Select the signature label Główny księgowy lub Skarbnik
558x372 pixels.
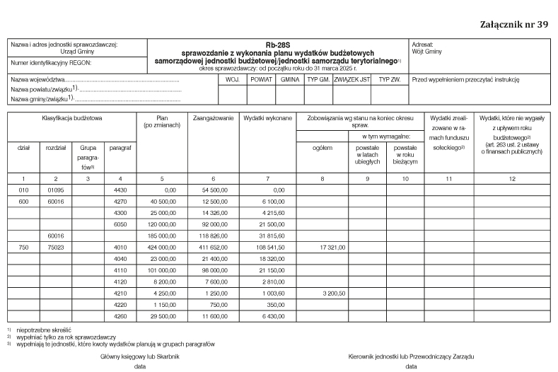click(140, 356)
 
